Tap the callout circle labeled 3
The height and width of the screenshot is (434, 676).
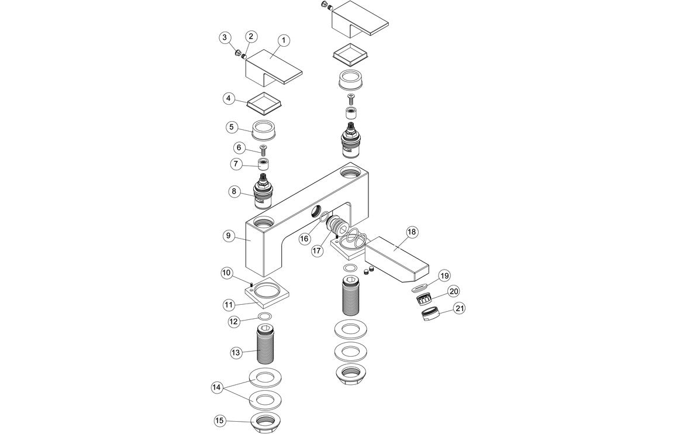(x=224, y=38)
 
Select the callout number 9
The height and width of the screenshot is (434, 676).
(x=229, y=236)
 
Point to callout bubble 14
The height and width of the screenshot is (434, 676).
(x=217, y=387)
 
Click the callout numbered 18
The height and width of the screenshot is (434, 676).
(x=412, y=232)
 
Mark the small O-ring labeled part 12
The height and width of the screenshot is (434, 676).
(x=265, y=318)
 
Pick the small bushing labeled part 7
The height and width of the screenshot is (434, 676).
(x=264, y=164)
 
